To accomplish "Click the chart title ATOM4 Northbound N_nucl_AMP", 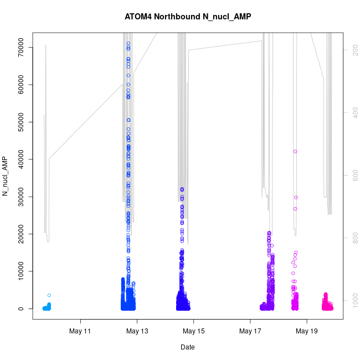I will click(x=188, y=16).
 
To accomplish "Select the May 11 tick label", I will click(x=81, y=332).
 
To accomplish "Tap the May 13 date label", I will click(x=137, y=332).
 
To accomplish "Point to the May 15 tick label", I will click(x=194, y=332).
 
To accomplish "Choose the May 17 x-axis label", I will click(x=250, y=332).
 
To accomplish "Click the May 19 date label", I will click(x=307, y=332).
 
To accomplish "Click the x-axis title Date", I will click(x=188, y=347).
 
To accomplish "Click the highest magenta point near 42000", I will click(x=295, y=151).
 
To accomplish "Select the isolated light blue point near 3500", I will click(x=49, y=295).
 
